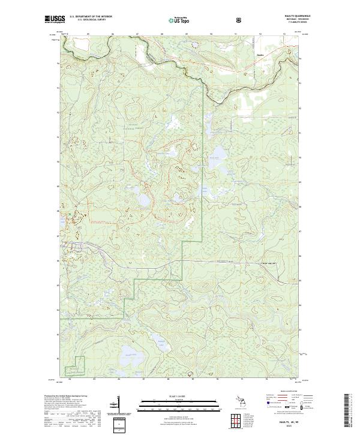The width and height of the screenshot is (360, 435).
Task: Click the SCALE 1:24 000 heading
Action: [178, 397]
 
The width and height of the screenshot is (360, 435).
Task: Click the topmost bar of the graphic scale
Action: [178, 401]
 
